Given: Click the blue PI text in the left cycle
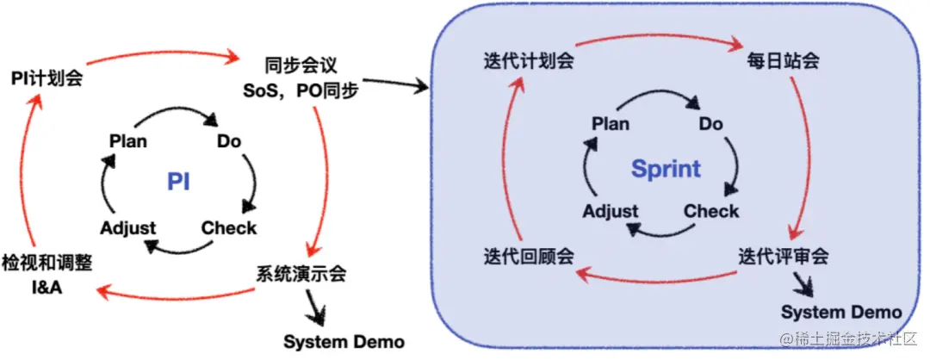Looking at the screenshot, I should (x=178, y=182).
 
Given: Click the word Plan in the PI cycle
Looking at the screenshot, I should (x=128, y=140).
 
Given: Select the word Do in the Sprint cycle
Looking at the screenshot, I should (x=710, y=124).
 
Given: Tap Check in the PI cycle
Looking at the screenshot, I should (x=229, y=227).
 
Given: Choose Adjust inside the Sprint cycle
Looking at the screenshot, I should (x=611, y=211).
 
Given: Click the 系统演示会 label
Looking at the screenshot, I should (x=301, y=275).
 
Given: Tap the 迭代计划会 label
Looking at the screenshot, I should (x=528, y=61).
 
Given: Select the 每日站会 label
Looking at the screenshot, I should (x=782, y=62).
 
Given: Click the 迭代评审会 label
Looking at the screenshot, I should (x=783, y=256).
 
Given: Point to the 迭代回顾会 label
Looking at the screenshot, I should (x=528, y=256).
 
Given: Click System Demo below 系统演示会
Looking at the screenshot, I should (x=344, y=341).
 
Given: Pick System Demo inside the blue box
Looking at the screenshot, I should (x=841, y=311).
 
